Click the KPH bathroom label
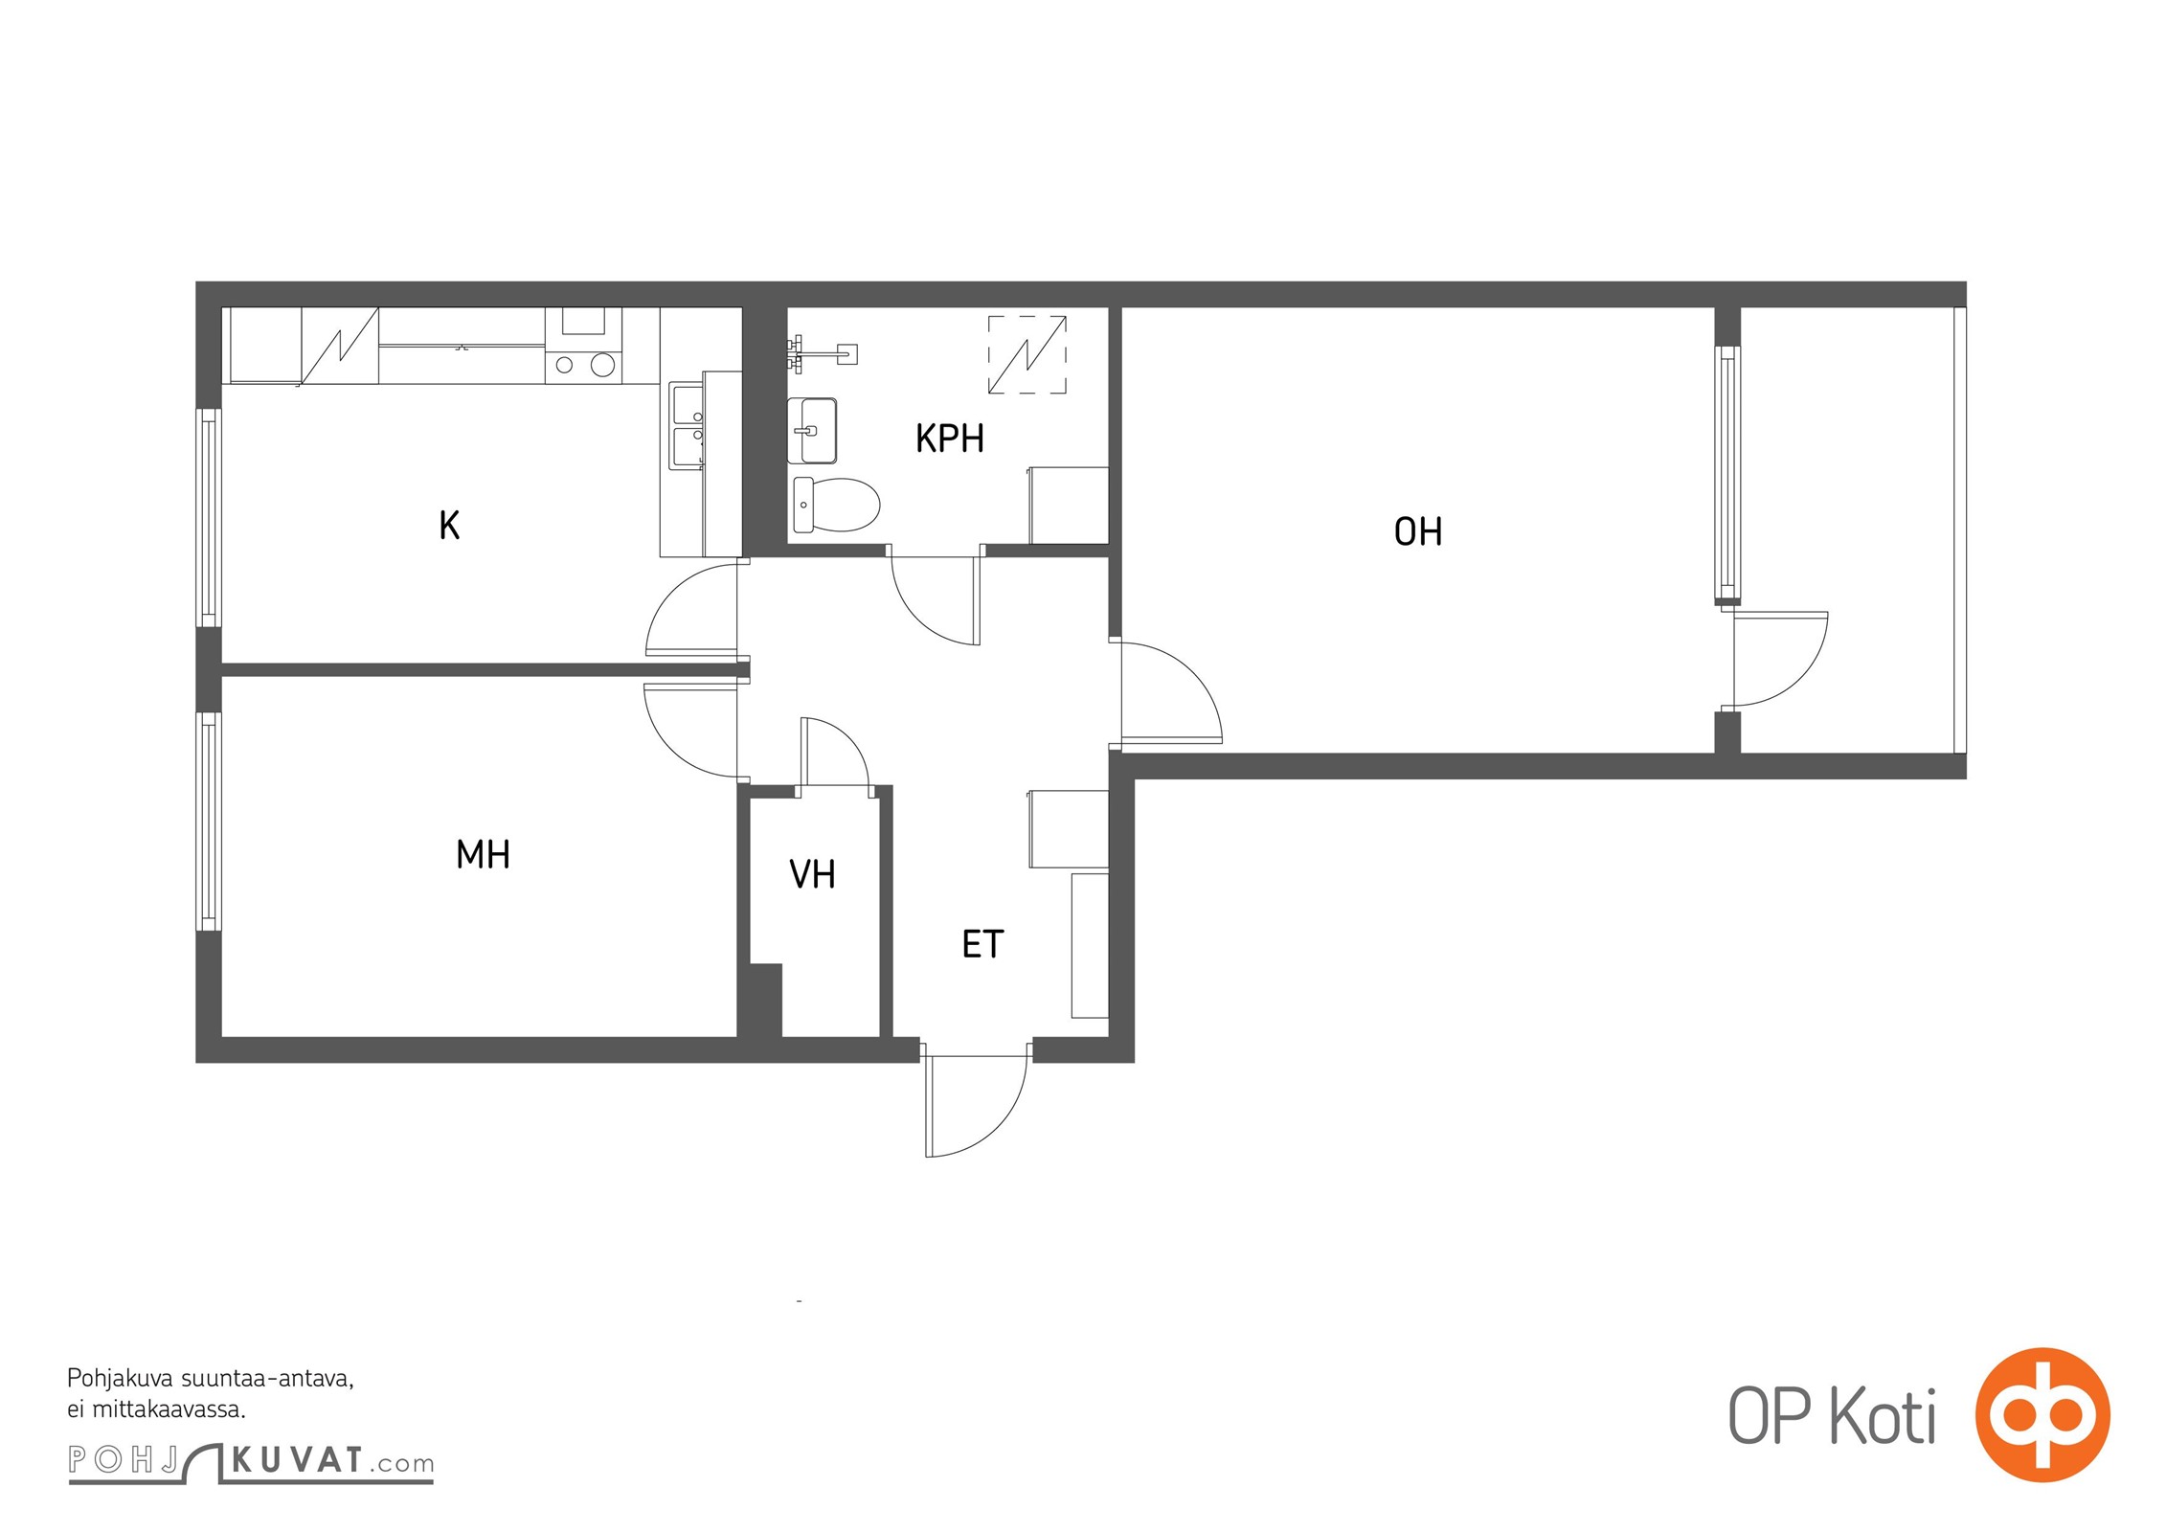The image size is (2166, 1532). [949, 439]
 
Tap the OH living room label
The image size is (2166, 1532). [1417, 531]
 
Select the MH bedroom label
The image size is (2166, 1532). [483, 854]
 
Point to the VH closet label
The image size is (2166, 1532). [812, 874]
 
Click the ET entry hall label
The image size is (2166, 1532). [982, 944]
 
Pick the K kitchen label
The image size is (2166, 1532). [449, 525]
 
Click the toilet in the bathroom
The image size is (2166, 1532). [836, 505]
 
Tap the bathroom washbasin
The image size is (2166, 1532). [812, 431]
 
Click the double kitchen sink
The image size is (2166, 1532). [687, 424]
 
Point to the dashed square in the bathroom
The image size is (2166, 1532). [1027, 354]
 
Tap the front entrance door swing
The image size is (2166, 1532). [976, 1106]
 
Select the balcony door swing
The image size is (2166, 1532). [1781, 659]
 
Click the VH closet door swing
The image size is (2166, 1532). [835, 753]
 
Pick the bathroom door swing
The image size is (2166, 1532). [935, 600]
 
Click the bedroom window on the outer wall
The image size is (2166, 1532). [209, 822]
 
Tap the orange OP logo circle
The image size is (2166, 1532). [2042, 1414]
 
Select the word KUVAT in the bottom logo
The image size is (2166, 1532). [298, 1460]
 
